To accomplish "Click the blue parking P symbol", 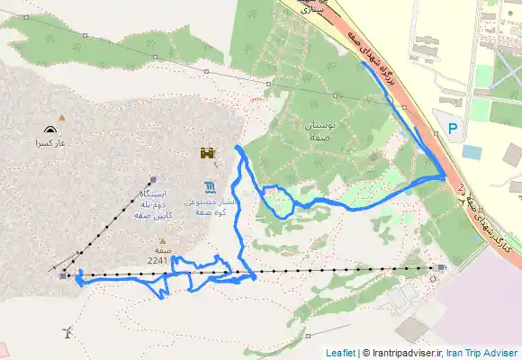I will click(453, 130).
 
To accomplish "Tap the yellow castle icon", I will click(209, 154).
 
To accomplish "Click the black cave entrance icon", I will click(47, 130).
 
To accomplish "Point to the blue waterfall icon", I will click(209, 187).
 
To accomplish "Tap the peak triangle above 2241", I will click(162, 240).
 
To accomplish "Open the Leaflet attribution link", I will click(340, 353).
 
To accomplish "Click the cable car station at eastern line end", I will click(439, 267).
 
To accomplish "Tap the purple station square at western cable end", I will click(62, 275).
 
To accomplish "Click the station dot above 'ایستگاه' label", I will click(153, 178).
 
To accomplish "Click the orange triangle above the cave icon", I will click(61, 117).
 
